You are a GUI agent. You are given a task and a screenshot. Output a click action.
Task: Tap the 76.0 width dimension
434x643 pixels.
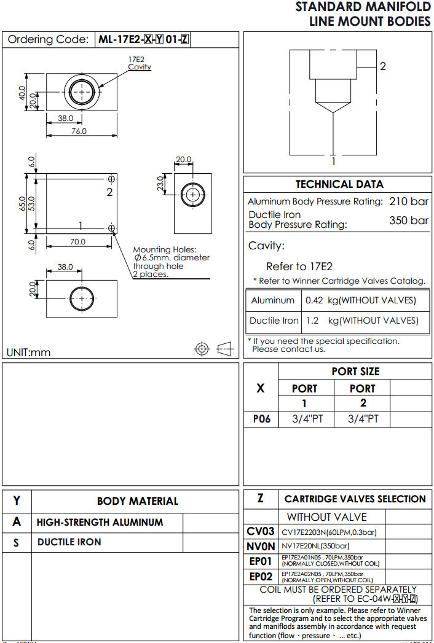79,131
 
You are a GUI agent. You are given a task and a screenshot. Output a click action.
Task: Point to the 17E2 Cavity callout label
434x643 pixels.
139,63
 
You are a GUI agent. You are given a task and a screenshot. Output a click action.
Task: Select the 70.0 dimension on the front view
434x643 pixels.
77,242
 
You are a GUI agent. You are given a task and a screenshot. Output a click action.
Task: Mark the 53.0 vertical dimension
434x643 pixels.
31,203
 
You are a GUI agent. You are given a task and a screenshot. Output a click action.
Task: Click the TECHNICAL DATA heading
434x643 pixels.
339,184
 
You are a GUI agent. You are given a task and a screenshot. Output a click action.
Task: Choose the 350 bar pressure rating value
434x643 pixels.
409,220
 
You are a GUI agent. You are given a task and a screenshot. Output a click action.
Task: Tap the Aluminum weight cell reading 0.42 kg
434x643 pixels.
360,300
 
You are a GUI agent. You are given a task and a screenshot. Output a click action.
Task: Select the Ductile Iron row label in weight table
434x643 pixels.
274,321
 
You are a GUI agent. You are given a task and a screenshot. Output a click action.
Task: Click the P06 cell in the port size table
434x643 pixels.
261,419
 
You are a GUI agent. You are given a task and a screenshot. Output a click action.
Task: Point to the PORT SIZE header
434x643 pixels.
355,372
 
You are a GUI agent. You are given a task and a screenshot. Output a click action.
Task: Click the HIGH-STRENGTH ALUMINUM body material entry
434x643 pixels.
100,523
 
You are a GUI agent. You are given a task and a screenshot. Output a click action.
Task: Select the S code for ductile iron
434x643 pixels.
17,543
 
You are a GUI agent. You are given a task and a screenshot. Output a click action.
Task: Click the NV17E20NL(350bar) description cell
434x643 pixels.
315,545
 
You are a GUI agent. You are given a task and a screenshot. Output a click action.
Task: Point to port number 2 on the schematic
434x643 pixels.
382,66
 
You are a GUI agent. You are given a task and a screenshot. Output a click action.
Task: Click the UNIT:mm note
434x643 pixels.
29,353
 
